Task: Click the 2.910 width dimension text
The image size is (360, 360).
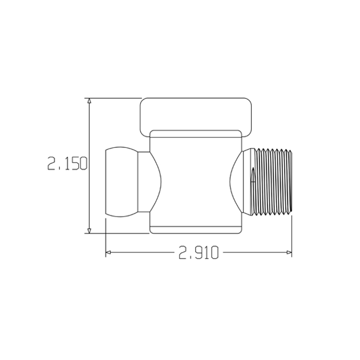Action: (x=198, y=253)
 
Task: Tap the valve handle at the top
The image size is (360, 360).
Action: (x=196, y=114)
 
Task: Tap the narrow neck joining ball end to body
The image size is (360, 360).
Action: (x=145, y=182)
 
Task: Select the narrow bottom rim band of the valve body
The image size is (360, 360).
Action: (x=196, y=229)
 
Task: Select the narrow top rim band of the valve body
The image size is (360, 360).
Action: (x=196, y=134)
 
